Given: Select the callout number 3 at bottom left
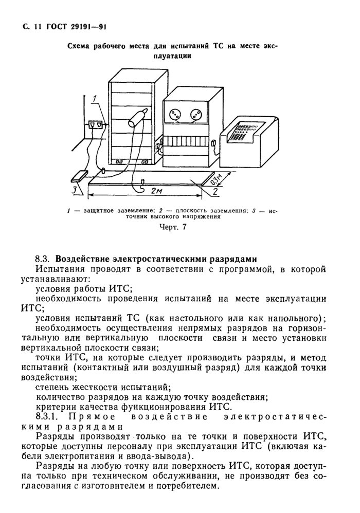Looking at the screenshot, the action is click(x=75, y=190).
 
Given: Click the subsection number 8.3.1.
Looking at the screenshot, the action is click(x=47, y=416).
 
